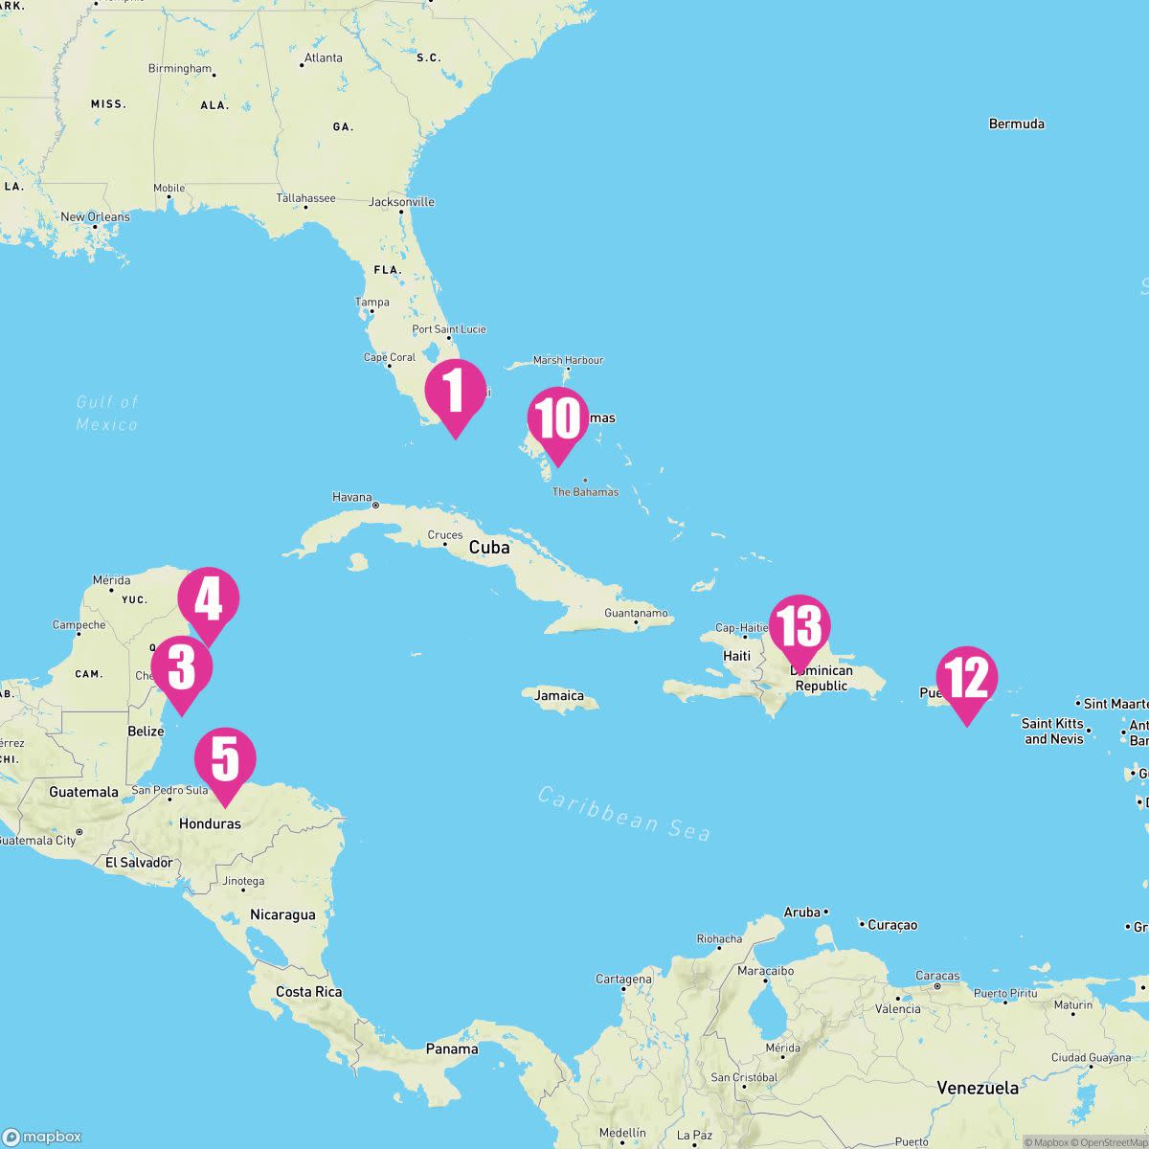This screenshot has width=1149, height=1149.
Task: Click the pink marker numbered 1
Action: [x=455, y=393]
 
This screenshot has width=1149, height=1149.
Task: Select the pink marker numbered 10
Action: [x=557, y=420]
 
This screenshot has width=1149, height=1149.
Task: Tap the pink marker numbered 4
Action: [x=209, y=600]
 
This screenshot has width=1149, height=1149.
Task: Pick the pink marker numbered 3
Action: [x=182, y=668]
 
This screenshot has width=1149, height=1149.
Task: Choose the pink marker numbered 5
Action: [x=225, y=760]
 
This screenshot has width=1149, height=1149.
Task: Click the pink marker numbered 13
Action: [x=800, y=627]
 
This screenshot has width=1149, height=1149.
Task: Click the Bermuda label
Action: [x=1016, y=124]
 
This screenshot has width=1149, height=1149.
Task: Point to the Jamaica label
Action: [x=559, y=696]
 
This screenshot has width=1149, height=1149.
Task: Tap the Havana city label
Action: [x=352, y=497]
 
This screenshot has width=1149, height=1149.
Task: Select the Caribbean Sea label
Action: [x=623, y=813]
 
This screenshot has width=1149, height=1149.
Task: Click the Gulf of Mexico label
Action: [x=107, y=413]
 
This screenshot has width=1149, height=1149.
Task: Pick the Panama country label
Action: [x=452, y=1048]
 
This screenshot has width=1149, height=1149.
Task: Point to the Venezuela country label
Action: [x=978, y=1088]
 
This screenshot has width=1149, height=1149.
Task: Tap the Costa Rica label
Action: [x=308, y=992]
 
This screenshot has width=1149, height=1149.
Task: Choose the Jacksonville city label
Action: [x=402, y=202]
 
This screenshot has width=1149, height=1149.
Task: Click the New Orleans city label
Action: [x=95, y=217]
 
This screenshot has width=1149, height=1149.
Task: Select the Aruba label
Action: [x=802, y=912]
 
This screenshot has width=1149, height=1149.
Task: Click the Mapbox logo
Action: [x=42, y=1137]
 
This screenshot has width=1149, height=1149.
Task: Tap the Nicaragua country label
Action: [x=282, y=914]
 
